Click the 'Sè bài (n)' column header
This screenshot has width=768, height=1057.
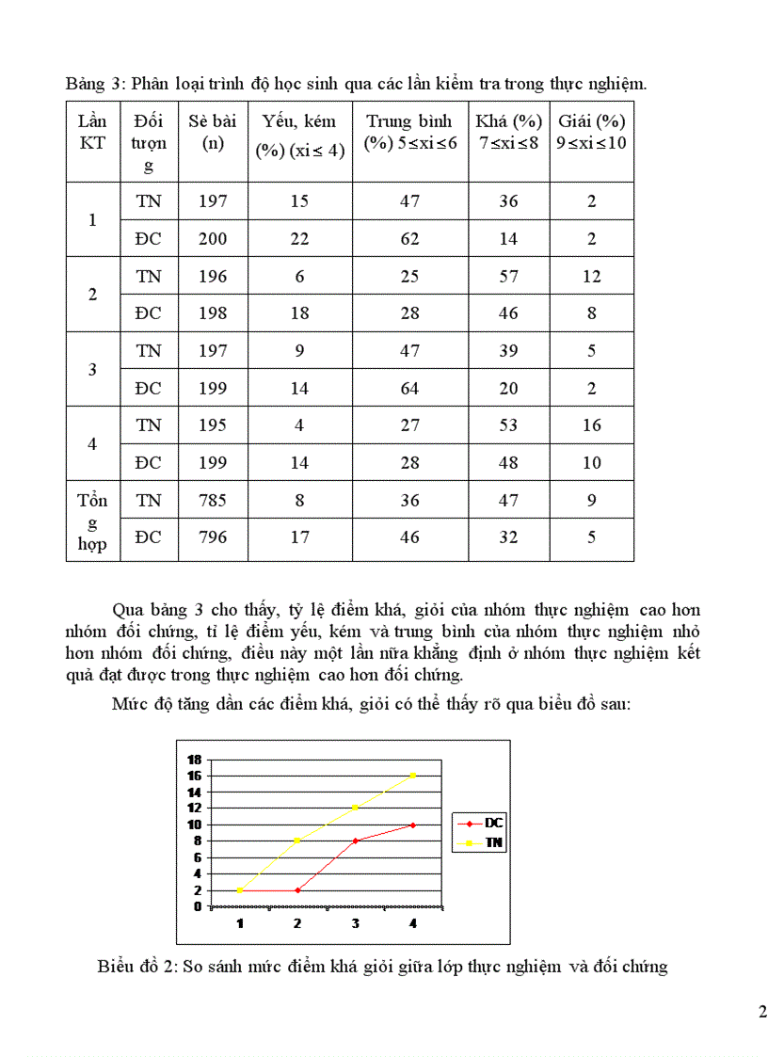212,132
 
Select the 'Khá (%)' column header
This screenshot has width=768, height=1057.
508,132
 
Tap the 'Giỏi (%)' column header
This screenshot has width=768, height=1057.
591,132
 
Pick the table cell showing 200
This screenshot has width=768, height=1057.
213,238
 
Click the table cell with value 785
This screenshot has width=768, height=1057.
213,500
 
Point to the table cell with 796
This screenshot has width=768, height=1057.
213,537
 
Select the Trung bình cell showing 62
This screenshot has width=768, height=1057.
409,238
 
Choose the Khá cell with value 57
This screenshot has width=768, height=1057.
508,276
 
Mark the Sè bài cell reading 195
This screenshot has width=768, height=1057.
213,425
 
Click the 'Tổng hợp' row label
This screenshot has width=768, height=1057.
92,521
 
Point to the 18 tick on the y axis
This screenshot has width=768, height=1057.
195,760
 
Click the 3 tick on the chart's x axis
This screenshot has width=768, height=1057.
356,923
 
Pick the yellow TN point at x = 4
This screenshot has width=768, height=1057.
413,776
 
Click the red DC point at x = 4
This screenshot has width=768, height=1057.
413,825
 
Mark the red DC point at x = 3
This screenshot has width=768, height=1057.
356,841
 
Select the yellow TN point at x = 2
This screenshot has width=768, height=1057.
297,841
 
